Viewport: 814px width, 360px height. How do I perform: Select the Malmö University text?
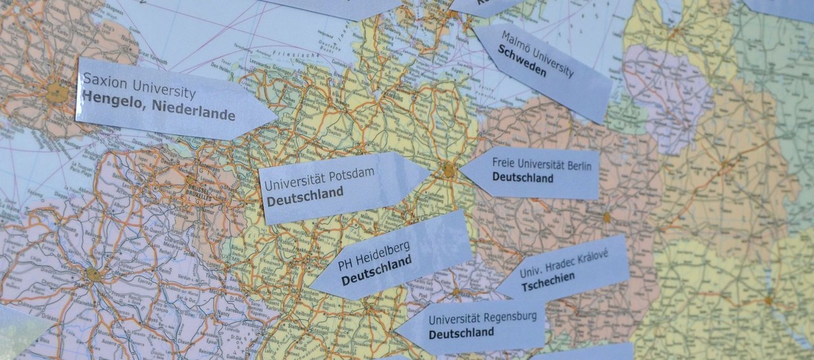pyautogui.click(x=537, y=53)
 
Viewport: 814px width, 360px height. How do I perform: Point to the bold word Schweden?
pyautogui.click(x=522, y=62)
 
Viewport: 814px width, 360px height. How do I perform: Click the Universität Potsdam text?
pyautogui.click(x=319, y=179)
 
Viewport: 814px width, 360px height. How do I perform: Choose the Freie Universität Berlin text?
pyautogui.click(x=542, y=165)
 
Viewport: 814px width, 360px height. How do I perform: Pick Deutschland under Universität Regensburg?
pyautogui.click(x=461, y=332)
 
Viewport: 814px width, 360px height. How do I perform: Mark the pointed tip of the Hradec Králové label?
pyautogui.click(x=496, y=293)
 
